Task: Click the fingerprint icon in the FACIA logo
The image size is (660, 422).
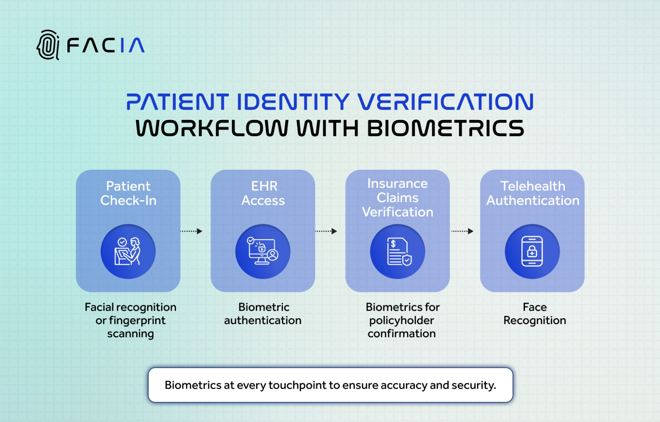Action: [x=48, y=45]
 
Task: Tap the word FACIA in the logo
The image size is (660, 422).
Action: [x=106, y=45]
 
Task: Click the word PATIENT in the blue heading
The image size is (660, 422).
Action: [x=177, y=102]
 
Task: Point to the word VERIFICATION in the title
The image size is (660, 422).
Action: [x=445, y=102]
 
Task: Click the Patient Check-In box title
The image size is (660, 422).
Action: [x=128, y=193]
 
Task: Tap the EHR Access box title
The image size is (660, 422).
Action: [x=263, y=193]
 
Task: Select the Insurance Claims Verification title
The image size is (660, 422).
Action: [x=398, y=197]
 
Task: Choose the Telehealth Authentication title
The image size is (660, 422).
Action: [x=533, y=193]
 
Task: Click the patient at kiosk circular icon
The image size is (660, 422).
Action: [x=128, y=252]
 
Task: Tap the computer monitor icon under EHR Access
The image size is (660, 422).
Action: [x=263, y=252]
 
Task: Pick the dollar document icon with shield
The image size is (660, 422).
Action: [x=398, y=252]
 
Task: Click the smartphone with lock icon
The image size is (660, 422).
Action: [x=532, y=252]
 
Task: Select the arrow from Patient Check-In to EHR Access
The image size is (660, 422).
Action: [x=191, y=231]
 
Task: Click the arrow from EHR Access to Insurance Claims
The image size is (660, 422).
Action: [x=326, y=231]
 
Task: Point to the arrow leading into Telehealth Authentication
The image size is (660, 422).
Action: [x=462, y=231]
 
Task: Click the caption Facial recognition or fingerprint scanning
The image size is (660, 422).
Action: [x=130, y=320]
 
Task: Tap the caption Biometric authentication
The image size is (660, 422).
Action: [x=263, y=314]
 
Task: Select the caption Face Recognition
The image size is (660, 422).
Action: [x=535, y=314]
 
